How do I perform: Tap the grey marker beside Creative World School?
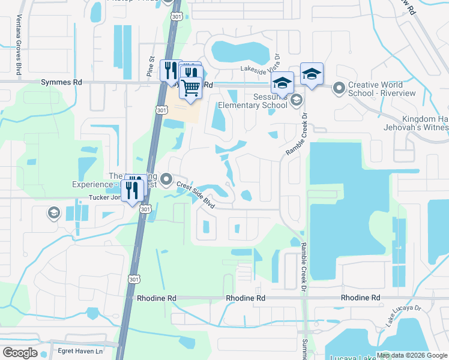point(339,89)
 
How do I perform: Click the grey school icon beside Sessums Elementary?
point(296,101)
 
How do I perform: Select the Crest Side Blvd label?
point(196,195)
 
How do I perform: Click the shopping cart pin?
point(191,88)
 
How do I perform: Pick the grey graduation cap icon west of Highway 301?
point(53,212)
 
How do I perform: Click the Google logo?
point(20,352)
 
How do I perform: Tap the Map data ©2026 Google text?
point(412,355)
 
